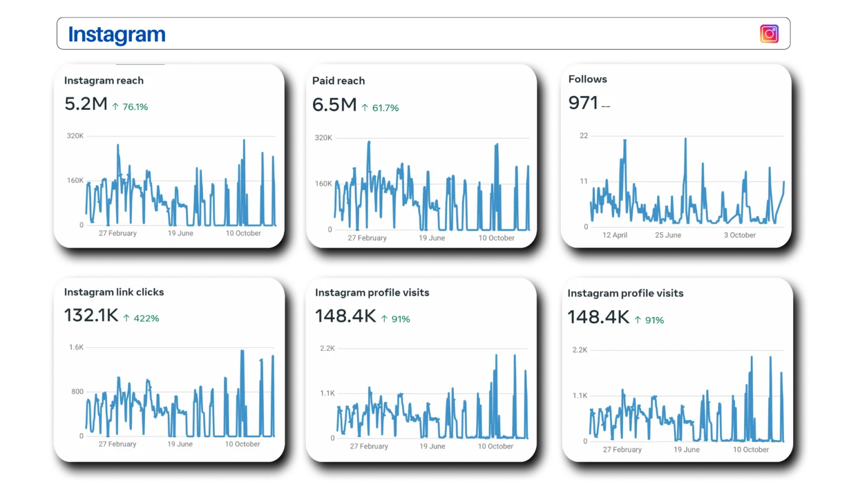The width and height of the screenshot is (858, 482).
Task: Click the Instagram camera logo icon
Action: [x=769, y=33]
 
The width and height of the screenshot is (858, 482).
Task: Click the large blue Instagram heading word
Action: [x=117, y=35]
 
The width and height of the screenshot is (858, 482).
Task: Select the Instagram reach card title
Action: [x=104, y=80]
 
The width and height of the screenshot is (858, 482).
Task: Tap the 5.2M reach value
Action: [x=86, y=104]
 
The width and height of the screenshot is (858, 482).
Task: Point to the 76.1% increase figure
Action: [x=135, y=107]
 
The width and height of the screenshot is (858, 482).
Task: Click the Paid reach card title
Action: [x=339, y=81]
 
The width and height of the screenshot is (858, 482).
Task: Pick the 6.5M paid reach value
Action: [x=335, y=105]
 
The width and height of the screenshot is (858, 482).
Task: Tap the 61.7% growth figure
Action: [x=385, y=108]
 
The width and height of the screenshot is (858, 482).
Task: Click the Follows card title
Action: [x=588, y=79]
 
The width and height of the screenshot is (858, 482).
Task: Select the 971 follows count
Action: [x=583, y=103]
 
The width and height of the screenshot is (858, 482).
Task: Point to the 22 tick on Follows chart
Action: [x=584, y=136]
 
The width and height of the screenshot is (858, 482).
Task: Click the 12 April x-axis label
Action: [x=615, y=235]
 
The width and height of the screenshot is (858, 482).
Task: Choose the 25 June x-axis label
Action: [x=668, y=235]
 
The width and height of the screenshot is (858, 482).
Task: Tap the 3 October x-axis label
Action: [x=740, y=235]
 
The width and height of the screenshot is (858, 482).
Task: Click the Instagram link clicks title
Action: [x=114, y=292]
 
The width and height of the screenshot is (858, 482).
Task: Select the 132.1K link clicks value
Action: [x=91, y=315]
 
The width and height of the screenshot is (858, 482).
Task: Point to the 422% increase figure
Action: [x=146, y=319]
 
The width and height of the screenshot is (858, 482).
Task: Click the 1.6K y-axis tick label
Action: [x=76, y=347]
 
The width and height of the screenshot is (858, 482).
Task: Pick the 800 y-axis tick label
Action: [x=77, y=391]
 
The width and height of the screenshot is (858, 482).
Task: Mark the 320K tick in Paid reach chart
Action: [x=323, y=138]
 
